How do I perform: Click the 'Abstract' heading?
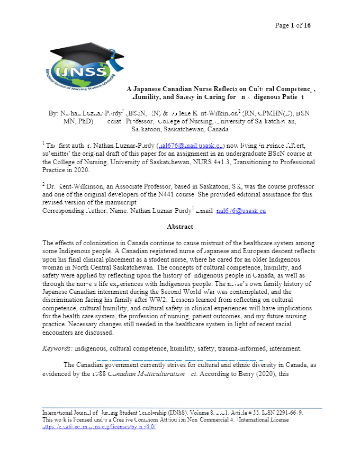179,227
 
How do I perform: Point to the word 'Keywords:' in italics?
57,348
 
